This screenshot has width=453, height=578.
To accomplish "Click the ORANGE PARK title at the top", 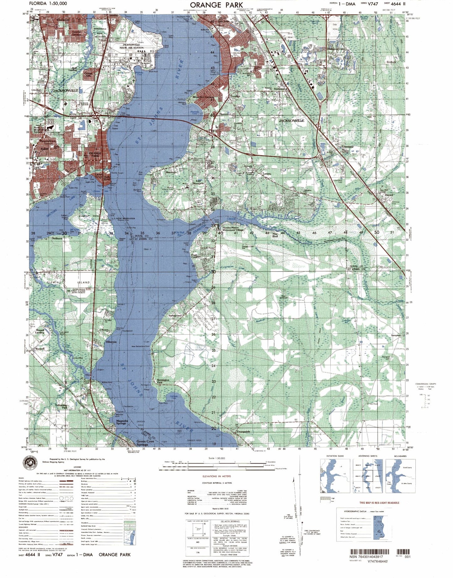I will click(x=216, y=5).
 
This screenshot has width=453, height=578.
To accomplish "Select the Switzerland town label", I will click(x=175, y=315).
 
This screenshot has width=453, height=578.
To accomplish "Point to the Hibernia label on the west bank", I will click(x=111, y=342).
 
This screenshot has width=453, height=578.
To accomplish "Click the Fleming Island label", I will click(x=69, y=282).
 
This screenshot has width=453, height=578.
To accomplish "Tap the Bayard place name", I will click(x=389, y=195).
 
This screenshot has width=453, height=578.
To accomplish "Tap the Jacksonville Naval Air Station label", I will click(x=131, y=46).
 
